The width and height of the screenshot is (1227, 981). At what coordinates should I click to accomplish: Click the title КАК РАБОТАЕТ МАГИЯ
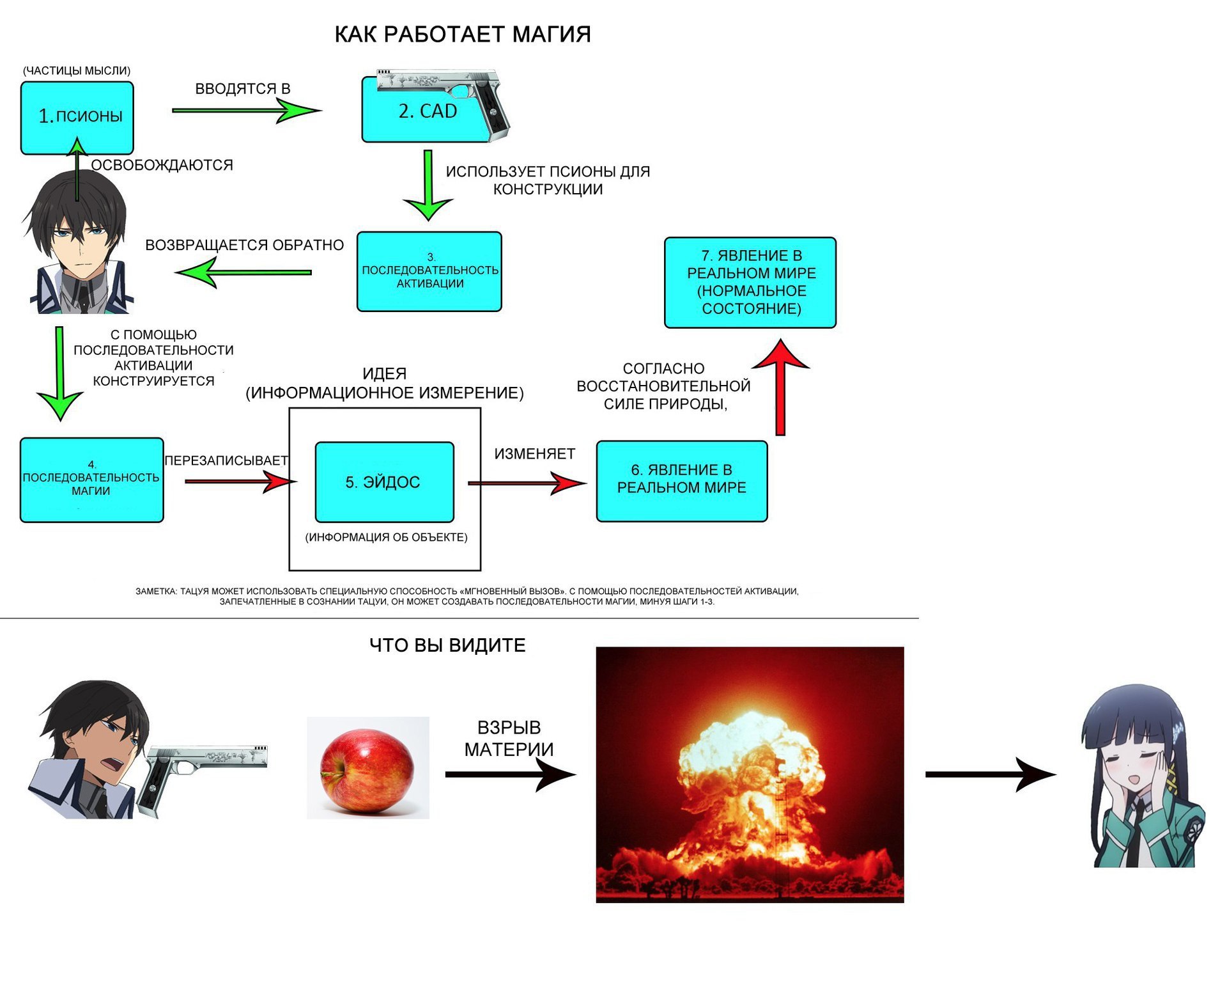[x=462, y=35]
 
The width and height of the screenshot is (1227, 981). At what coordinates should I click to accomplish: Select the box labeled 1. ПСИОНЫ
[x=77, y=117]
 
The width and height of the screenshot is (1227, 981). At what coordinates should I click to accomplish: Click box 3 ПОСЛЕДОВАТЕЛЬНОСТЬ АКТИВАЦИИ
[x=429, y=272]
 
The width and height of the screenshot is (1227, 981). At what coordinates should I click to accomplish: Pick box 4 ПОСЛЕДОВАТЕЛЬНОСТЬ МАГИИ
[x=91, y=480]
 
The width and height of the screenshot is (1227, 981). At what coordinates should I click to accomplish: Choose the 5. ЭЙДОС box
[x=384, y=482]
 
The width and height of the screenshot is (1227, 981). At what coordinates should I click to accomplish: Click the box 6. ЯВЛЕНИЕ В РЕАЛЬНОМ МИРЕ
[x=681, y=481]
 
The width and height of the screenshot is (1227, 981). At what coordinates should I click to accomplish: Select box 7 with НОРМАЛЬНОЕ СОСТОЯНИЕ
[x=750, y=283]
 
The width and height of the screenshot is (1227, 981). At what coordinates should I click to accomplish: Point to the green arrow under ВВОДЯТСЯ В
[x=246, y=111]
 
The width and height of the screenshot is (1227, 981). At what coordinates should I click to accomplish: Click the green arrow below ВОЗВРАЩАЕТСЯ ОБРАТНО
[x=243, y=272]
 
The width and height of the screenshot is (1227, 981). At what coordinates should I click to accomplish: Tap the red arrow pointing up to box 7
[x=780, y=388]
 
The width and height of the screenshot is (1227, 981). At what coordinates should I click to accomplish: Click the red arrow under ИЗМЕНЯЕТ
[x=527, y=483]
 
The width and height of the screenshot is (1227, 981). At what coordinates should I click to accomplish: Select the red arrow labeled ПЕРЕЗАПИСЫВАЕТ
[x=240, y=481]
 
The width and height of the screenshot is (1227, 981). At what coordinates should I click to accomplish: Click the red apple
[x=367, y=770]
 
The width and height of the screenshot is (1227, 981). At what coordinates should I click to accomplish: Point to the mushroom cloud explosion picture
[x=750, y=774]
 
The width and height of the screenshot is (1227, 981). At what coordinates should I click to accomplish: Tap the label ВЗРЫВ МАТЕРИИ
[x=509, y=739]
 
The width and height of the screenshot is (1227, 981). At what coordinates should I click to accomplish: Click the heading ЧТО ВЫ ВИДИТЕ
[x=447, y=645]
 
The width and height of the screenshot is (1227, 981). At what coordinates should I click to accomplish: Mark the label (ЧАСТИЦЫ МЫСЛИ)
[x=77, y=71]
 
